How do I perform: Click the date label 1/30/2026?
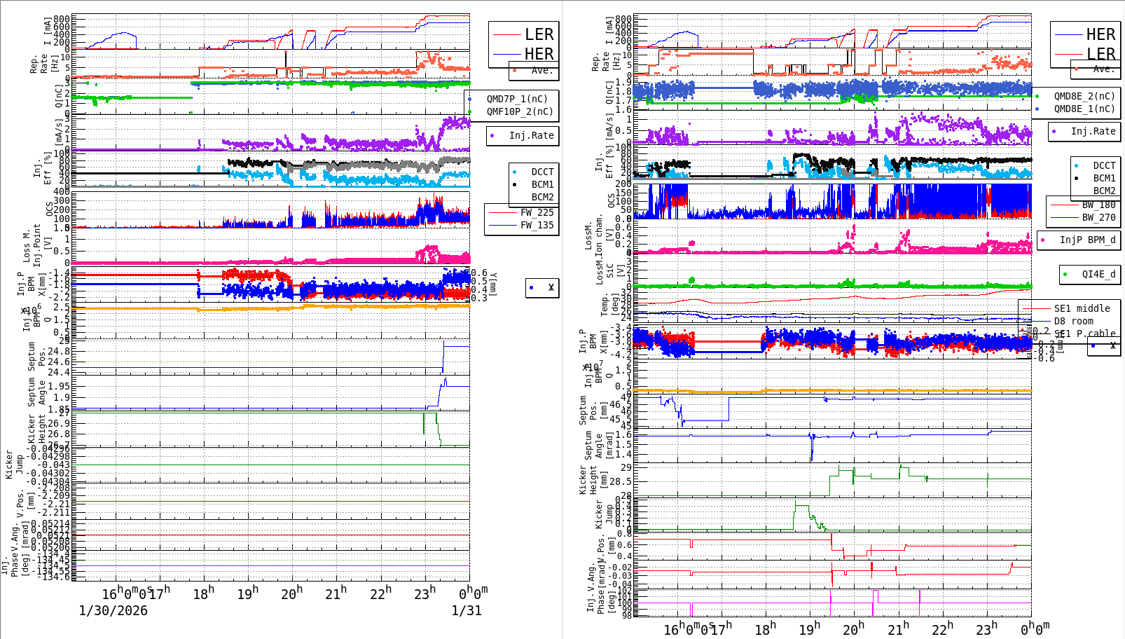click(113, 610)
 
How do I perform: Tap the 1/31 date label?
click(467, 610)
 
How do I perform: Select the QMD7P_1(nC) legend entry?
click(517, 99)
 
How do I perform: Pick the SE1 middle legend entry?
click(1082, 308)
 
